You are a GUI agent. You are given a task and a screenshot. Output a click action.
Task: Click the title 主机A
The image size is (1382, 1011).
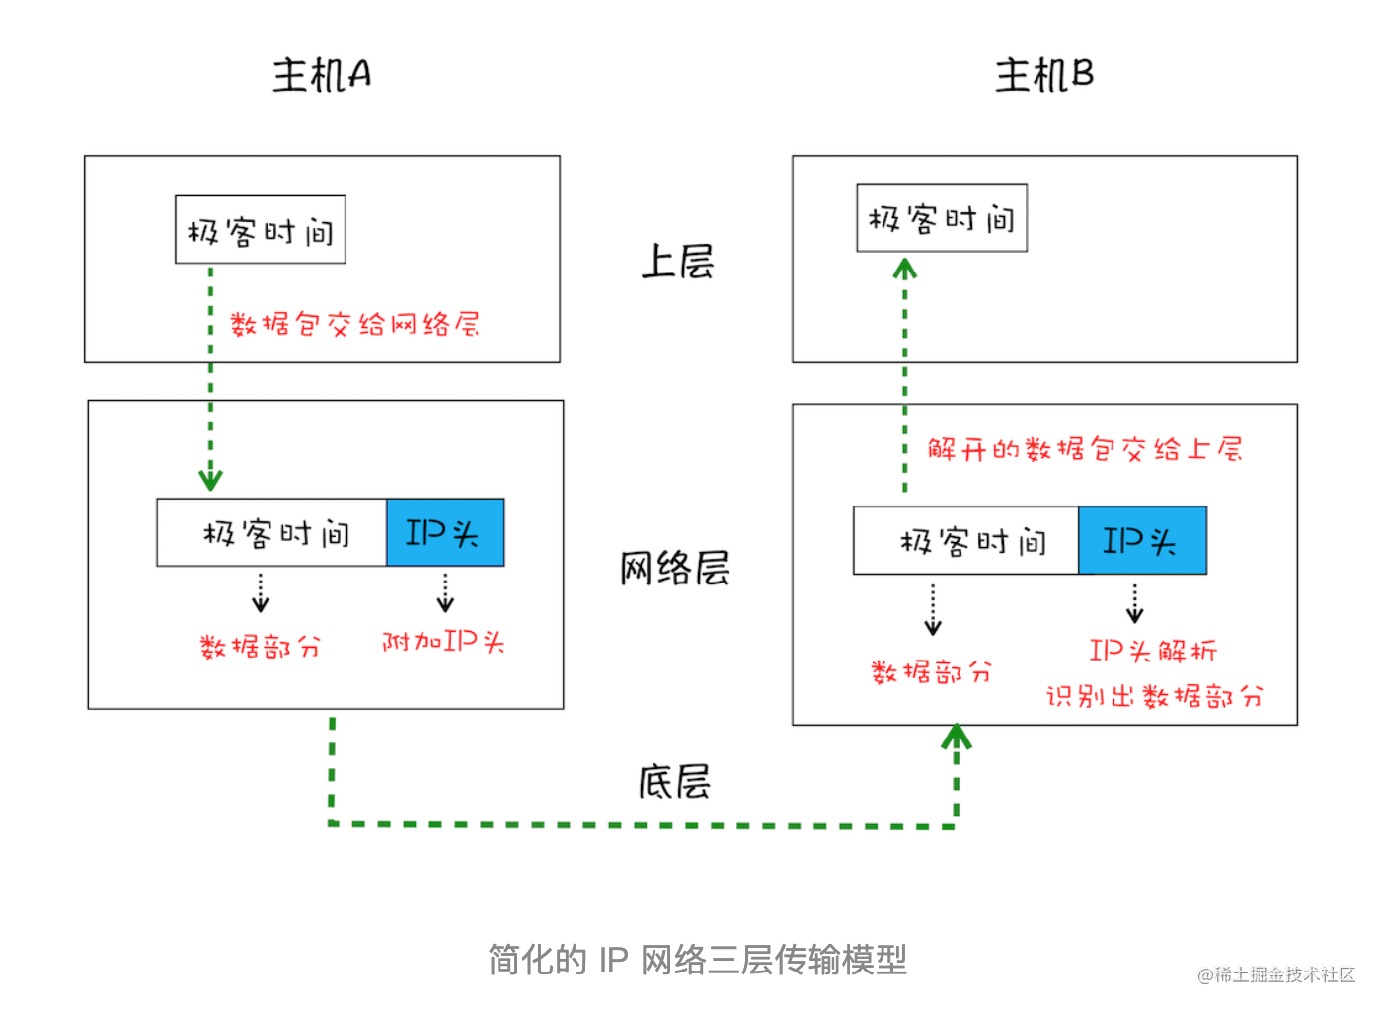click(322, 75)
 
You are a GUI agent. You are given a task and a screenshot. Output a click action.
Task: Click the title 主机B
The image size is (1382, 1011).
click(1043, 75)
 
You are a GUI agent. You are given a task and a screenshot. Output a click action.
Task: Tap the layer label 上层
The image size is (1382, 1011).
click(677, 263)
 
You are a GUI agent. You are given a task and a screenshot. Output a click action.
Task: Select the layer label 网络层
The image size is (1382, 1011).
click(674, 569)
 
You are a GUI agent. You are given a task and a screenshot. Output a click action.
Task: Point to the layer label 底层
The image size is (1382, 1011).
click(674, 782)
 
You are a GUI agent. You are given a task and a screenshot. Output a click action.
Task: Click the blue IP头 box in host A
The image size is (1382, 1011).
click(444, 533)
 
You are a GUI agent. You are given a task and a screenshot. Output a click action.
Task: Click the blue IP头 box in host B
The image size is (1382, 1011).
click(1141, 541)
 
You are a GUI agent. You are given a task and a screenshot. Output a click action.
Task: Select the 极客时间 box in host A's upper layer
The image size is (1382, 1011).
click(261, 230)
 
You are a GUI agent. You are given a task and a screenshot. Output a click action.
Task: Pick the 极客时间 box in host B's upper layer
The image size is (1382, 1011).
click(941, 218)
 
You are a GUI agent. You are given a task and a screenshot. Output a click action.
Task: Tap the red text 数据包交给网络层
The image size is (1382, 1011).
click(354, 324)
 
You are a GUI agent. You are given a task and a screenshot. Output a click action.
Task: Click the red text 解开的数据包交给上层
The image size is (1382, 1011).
click(1084, 450)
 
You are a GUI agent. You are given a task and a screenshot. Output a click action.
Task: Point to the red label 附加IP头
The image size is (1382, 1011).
click(443, 642)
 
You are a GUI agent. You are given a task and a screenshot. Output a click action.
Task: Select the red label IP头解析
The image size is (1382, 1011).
click(1152, 651)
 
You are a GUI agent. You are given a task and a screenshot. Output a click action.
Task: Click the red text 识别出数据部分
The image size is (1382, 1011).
click(1153, 697)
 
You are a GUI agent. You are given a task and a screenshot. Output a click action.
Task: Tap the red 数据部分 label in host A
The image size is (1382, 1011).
click(260, 648)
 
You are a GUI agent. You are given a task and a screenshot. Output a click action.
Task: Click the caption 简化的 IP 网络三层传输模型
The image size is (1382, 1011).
click(697, 960)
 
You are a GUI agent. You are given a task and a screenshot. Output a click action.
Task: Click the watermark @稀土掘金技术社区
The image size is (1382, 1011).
click(1275, 975)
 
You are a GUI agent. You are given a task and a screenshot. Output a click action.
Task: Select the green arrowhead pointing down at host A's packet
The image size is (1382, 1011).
click(210, 480)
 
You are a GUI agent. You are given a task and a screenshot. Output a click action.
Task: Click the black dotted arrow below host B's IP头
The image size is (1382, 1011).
click(1134, 603)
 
